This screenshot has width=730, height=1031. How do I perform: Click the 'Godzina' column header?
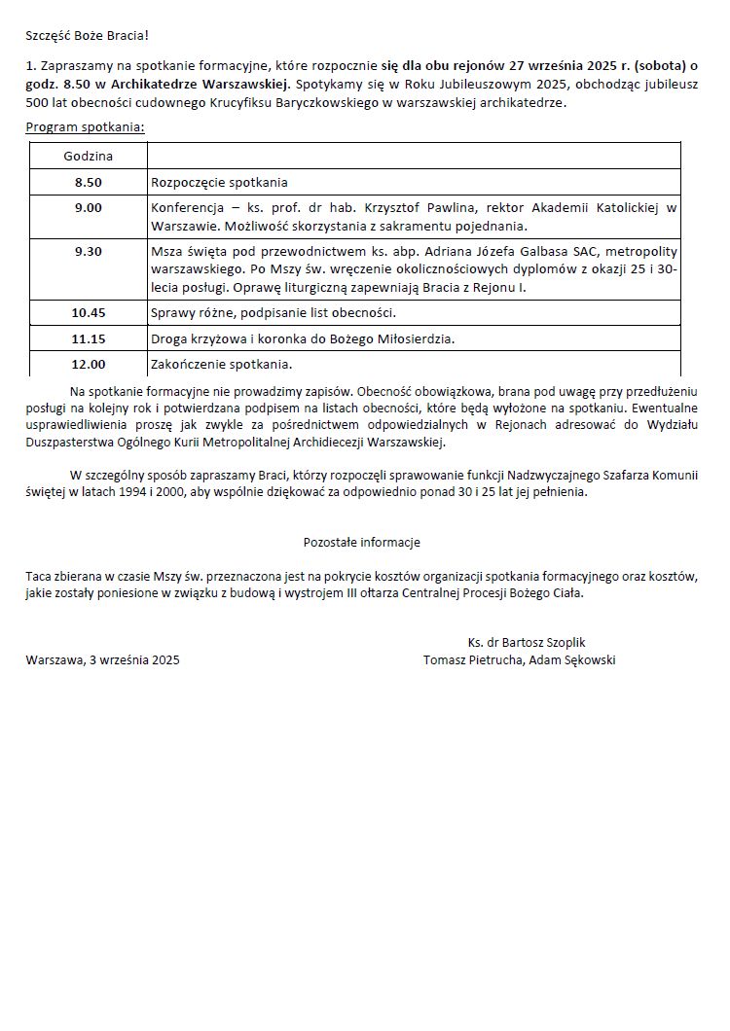pyautogui.click(x=89, y=156)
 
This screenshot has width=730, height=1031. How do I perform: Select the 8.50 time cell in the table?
pyautogui.click(x=89, y=182)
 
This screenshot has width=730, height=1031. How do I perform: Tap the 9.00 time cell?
pyautogui.click(x=89, y=208)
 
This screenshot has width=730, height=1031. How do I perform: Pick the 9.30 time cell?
pyautogui.click(x=89, y=251)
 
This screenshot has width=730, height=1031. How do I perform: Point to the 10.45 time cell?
pyautogui.click(x=89, y=313)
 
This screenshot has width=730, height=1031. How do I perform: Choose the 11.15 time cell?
pyautogui.click(x=89, y=338)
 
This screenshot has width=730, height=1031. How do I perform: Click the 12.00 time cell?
pyautogui.click(x=89, y=365)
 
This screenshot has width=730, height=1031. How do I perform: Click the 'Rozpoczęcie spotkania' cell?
pyautogui.click(x=219, y=182)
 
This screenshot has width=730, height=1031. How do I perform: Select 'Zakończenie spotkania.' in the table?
pyautogui.click(x=221, y=365)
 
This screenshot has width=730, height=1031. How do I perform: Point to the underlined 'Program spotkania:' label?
pyautogui.click(x=86, y=127)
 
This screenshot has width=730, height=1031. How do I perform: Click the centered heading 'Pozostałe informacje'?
pyautogui.click(x=362, y=542)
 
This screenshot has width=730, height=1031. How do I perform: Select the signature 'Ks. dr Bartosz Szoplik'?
pyautogui.click(x=526, y=642)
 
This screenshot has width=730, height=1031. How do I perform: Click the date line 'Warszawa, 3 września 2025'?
pyautogui.click(x=103, y=659)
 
